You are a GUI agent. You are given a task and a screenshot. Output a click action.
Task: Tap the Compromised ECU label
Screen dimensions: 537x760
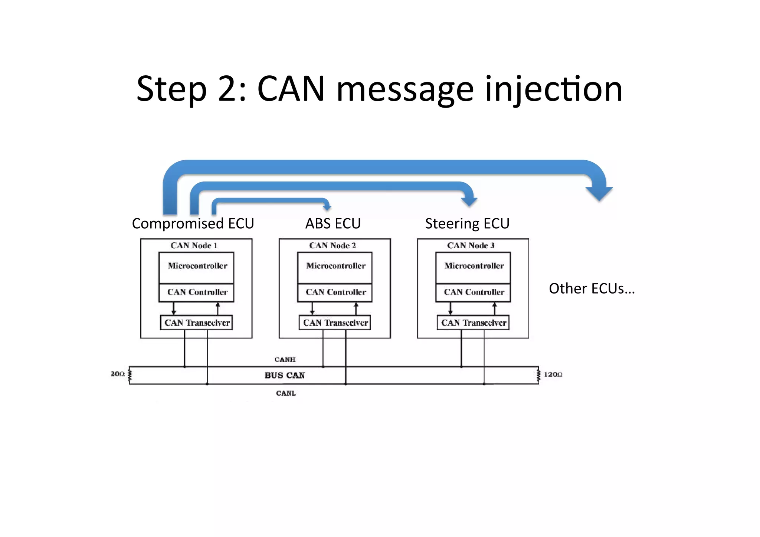(x=193, y=224)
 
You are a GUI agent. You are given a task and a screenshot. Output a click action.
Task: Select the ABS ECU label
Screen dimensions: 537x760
(x=333, y=224)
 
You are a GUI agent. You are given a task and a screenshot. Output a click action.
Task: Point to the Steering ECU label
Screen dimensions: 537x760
(x=467, y=224)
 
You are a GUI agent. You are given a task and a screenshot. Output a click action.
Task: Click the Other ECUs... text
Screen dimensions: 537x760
(x=592, y=289)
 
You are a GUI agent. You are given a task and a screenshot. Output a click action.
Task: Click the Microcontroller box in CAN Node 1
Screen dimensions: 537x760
(x=196, y=268)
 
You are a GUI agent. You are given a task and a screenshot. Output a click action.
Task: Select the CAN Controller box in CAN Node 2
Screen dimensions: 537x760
(x=335, y=292)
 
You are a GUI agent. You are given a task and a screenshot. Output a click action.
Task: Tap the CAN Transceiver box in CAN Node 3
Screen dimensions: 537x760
(x=473, y=322)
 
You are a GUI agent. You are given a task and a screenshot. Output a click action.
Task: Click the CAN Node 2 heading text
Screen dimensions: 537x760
(x=332, y=245)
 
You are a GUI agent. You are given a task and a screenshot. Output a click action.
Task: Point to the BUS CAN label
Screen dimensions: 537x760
(x=285, y=375)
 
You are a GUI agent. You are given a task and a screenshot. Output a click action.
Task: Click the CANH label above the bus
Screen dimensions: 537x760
(x=285, y=359)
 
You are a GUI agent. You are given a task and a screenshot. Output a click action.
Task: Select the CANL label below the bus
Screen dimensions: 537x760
(x=286, y=393)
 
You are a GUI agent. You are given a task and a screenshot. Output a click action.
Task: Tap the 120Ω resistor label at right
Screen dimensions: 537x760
(x=553, y=374)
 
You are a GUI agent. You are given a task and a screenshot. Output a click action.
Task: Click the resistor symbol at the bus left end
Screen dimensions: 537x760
(x=130, y=375)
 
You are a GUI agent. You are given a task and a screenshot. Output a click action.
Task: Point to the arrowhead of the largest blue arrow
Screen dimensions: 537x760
(x=599, y=193)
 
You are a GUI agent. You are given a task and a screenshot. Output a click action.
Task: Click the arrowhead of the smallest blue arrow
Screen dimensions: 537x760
(x=327, y=207)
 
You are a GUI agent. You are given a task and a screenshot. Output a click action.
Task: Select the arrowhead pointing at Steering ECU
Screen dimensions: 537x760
(x=469, y=201)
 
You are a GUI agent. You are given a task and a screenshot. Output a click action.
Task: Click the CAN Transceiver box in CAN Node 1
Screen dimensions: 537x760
(x=196, y=322)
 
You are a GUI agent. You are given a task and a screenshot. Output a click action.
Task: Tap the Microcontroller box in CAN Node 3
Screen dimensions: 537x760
(x=473, y=268)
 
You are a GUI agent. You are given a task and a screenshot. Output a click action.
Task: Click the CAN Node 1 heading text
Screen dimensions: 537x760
(x=194, y=245)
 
